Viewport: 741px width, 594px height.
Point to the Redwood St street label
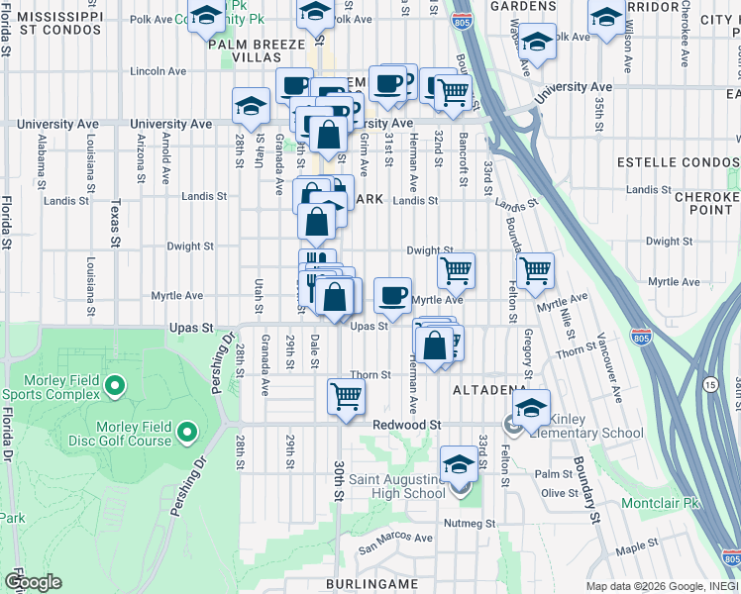[405, 425]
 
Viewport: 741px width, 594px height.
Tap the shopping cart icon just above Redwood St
[346, 396]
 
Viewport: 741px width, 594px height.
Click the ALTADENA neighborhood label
[489, 391]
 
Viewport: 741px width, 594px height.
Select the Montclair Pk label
[661, 503]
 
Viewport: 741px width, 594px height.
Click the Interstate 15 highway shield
[710, 383]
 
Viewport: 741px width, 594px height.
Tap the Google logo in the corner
[32, 582]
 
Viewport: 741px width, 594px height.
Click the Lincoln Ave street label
[159, 71]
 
